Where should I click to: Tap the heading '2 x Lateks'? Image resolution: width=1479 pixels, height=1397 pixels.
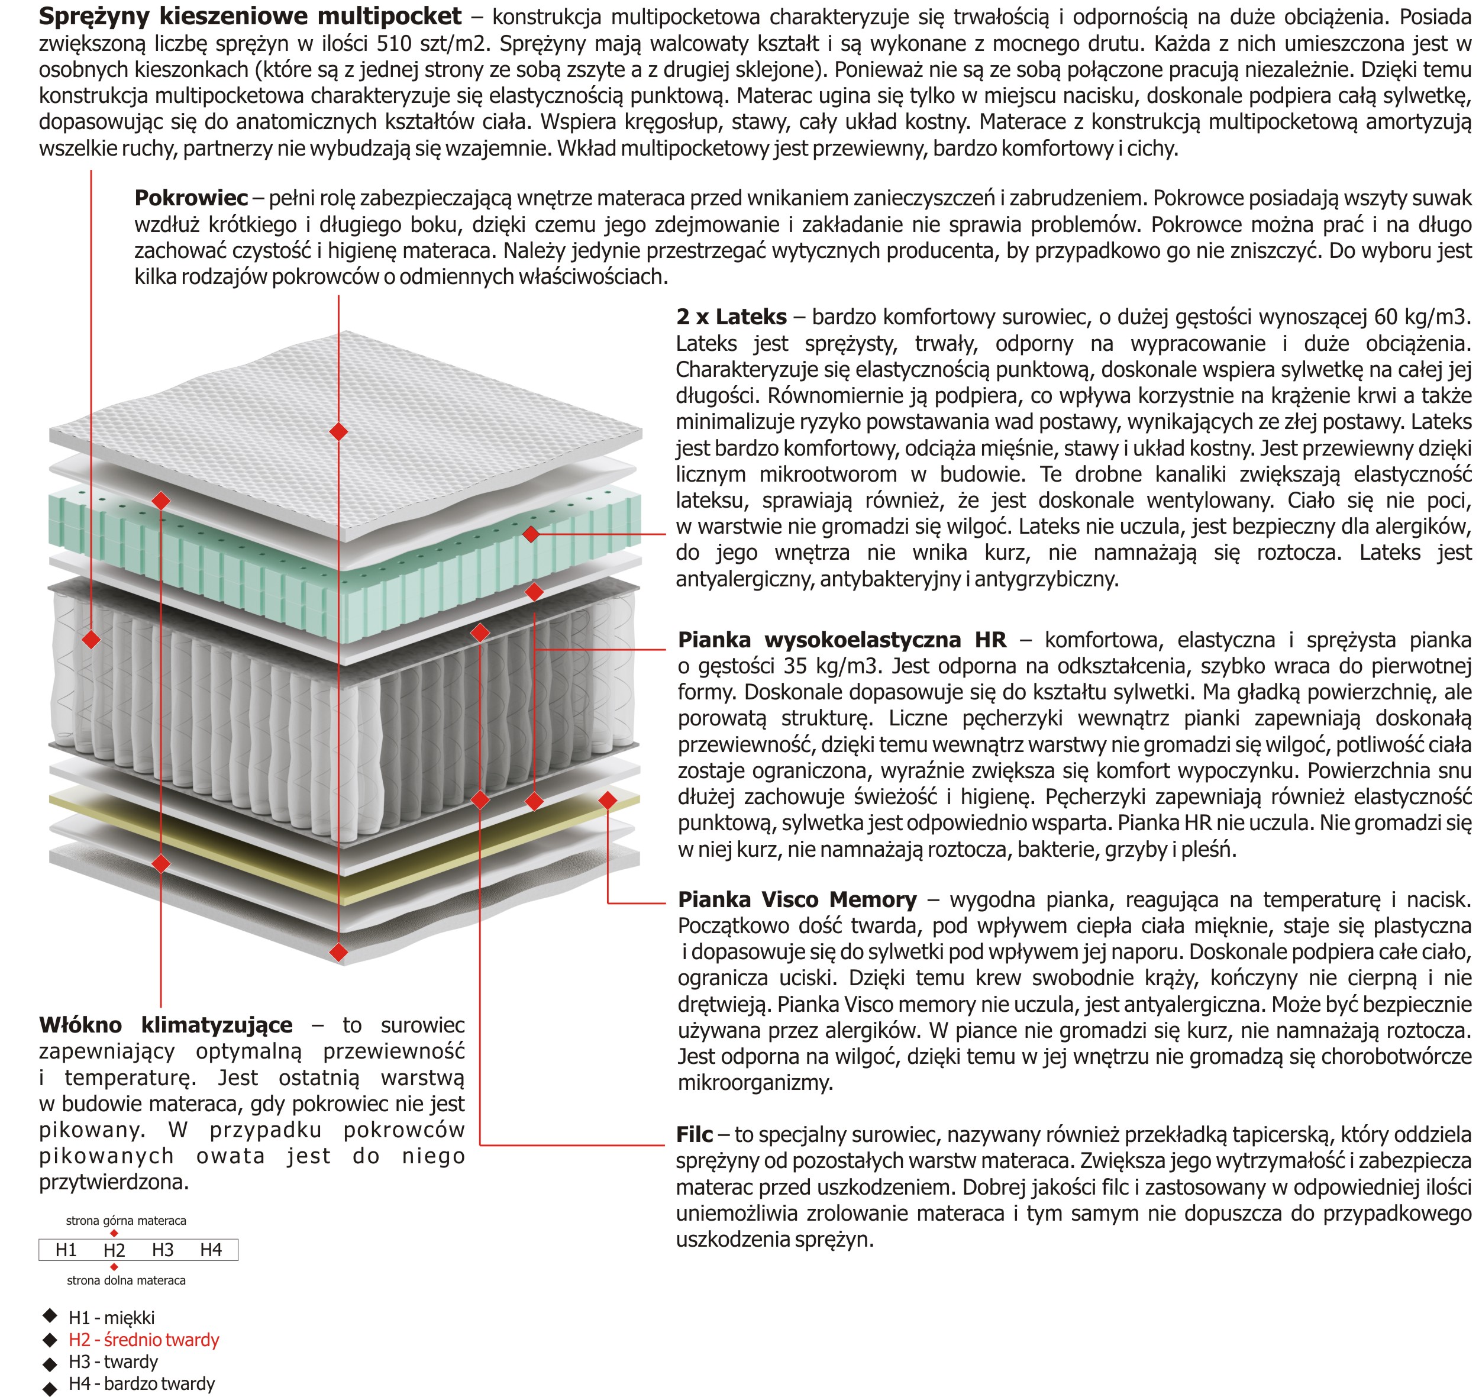point(731,317)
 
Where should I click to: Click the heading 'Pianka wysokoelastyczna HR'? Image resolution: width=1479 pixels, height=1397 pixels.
point(841,640)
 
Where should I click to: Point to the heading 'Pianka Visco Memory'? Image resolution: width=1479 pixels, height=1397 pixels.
point(797,899)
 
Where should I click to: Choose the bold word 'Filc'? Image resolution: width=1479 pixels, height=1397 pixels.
point(694,1134)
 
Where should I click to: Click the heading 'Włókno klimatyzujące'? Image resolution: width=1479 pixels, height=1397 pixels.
point(165,1025)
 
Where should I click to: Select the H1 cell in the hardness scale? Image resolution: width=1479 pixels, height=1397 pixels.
point(66,1250)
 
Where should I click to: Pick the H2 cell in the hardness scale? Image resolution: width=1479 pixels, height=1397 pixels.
point(114,1250)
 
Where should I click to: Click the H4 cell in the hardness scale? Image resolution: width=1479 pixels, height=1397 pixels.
point(211,1250)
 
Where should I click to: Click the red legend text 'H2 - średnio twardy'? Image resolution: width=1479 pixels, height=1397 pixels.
point(144,1340)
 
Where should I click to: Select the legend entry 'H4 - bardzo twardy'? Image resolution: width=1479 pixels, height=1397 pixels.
point(141,1383)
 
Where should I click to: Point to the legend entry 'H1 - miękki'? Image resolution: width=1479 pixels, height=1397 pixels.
point(112,1317)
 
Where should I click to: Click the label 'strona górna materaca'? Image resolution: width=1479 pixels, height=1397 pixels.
point(126,1221)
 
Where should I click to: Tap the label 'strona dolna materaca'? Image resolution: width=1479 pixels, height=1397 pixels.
point(126,1280)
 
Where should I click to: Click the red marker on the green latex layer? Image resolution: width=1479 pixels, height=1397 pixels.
point(531,533)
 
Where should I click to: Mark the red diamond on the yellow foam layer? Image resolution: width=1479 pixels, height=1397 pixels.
point(608,801)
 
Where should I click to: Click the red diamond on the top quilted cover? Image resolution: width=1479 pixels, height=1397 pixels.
point(339,431)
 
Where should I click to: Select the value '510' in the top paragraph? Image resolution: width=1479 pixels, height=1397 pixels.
point(394,43)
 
